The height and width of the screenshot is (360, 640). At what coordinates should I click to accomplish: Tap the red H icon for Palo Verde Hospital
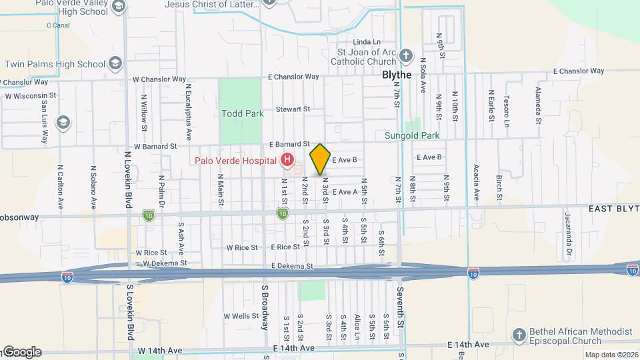287,160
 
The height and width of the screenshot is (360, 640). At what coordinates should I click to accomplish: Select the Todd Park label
243,113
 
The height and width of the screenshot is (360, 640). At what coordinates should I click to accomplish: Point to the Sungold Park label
412,135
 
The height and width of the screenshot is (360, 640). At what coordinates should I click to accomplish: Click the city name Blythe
397,75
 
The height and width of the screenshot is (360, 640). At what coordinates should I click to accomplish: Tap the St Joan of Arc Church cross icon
407,56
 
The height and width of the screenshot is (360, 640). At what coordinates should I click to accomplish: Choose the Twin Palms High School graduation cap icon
116,64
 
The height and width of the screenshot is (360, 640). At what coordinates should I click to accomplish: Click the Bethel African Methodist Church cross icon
519,335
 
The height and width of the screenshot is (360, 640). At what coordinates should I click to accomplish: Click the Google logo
22,352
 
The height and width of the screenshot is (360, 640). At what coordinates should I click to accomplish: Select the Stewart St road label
293,109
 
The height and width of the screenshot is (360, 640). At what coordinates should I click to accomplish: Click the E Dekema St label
292,266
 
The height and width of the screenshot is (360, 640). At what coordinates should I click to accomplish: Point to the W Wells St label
241,316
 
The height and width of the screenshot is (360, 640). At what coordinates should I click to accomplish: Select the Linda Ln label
366,42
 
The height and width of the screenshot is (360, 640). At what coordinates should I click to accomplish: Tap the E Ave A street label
345,192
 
